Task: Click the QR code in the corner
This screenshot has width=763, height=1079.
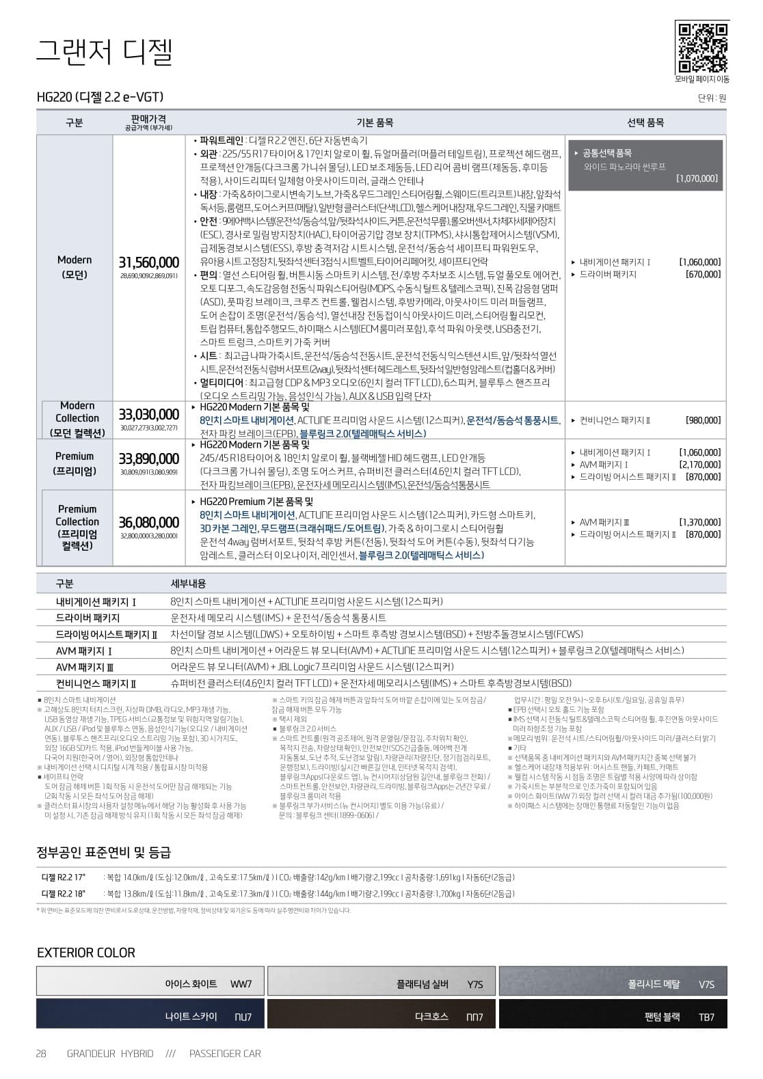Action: click(701, 47)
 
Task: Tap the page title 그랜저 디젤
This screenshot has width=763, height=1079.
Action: click(104, 52)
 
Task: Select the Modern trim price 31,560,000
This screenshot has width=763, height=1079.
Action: click(149, 262)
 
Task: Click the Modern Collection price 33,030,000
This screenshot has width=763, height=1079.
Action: click(149, 415)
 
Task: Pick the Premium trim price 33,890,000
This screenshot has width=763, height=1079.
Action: click(149, 459)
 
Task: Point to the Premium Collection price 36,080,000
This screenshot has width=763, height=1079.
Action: click(149, 523)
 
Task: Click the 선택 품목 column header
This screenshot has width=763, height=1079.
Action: click(645, 122)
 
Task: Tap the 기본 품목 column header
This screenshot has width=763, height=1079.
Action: click(375, 122)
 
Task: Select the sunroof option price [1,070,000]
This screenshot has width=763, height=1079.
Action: click(697, 178)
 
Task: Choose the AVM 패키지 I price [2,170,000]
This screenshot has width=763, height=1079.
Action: click(699, 465)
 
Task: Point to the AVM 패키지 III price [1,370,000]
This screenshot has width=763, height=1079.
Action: click(699, 522)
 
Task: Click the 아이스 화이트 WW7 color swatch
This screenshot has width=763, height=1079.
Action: click(150, 981)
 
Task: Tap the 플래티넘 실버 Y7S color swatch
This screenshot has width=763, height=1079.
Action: click(381, 981)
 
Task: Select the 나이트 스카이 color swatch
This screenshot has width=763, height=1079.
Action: click(150, 1013)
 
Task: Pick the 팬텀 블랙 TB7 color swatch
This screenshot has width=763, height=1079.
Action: click(613, 1013)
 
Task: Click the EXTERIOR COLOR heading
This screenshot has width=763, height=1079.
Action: click(86, 953)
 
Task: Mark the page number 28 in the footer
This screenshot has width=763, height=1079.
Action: click(41, 1053)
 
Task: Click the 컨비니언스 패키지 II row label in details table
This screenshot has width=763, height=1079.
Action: click(96, 683)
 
